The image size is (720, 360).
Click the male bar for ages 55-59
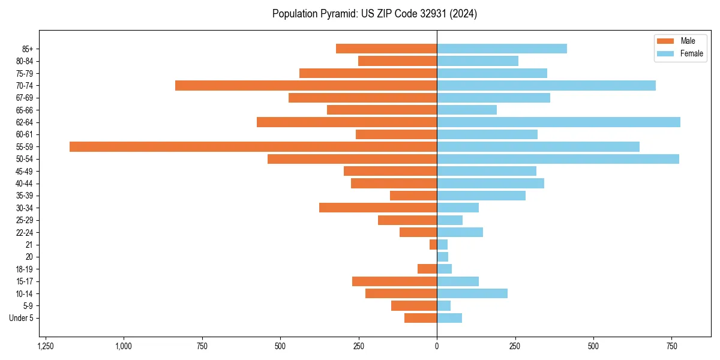(253, 146)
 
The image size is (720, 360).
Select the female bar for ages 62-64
(558, 122)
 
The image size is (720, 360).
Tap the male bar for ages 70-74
(305, 85)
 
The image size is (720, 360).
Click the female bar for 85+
(502, 49)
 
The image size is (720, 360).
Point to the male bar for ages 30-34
(377, 208)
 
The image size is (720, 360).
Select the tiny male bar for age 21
(433, 244)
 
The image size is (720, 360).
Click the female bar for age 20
(443, 257)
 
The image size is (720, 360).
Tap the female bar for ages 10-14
(472, 293)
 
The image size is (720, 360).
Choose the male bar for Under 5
(420, 318)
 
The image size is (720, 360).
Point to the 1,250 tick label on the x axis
(46, 346)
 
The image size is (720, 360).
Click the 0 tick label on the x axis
(437, 346)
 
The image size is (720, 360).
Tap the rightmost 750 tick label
(672, 346)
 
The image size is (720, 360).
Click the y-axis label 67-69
(25, 98)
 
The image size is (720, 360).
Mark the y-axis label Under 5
(21, 318)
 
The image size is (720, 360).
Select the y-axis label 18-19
(25, 269)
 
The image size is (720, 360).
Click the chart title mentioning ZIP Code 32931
(374, 14)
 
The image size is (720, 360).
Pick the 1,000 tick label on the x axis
(124, 346)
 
